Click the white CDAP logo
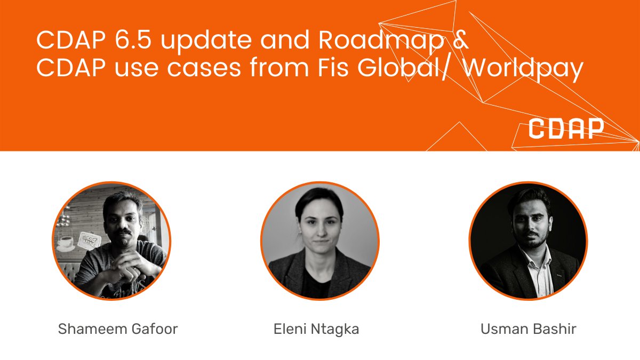pos(566,129)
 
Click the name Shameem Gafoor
pos(117,329)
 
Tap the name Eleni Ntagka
pos(316,329)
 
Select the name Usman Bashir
pos(528,329)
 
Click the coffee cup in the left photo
pos(66,243)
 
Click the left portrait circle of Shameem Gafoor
pos(111,241)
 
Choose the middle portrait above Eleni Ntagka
pos(319,241)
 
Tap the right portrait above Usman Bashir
pos(528,241)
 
